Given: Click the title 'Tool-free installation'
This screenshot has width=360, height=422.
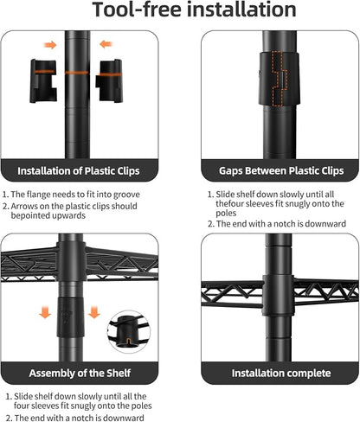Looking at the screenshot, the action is point(194,10).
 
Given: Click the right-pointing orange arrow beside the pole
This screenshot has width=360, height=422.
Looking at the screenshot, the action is point(50,45).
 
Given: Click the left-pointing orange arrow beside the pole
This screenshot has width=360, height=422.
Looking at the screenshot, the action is point(106,44).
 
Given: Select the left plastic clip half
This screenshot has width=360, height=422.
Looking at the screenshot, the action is point(43,81).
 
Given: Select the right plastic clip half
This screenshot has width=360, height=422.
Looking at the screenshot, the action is point(109,80).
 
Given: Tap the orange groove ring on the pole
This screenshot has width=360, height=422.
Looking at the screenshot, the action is point(77,73).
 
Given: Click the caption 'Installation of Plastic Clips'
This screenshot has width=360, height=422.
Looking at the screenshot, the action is point(79,171).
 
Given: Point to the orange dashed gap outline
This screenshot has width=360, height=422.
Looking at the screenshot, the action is point(280,79).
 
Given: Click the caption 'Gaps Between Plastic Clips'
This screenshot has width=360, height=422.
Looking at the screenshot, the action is point(281,170).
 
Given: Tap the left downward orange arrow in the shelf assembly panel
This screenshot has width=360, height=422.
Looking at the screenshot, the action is point(45,312).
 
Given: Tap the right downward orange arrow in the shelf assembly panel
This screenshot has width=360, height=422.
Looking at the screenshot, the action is point(94,312).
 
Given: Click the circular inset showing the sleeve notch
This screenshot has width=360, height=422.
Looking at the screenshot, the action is point(129,331).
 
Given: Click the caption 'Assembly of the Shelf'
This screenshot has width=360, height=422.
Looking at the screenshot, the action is point(80,373).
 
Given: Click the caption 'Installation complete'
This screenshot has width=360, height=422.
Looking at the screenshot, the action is point(281,373).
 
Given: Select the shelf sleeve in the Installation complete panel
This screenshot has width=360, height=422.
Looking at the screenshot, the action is point(279,295).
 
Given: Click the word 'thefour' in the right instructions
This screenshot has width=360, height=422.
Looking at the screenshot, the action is point(230,203).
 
